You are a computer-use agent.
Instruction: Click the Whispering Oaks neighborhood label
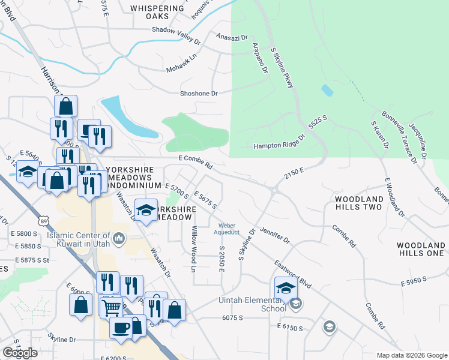157,12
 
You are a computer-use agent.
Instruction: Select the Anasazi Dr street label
231,37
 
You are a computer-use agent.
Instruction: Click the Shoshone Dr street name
199,94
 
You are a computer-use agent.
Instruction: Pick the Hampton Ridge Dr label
279,145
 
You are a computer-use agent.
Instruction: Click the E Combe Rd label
196,161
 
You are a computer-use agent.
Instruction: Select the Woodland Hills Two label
358,203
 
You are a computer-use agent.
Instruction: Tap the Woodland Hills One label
421,250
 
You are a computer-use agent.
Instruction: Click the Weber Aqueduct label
228,229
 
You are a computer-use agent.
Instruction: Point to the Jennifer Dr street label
275,235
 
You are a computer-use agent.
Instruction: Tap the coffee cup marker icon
121,328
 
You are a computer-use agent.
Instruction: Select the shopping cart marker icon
110,307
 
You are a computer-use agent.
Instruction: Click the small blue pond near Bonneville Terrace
327,91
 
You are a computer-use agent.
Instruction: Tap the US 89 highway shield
43,221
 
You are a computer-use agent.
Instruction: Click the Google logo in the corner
20,352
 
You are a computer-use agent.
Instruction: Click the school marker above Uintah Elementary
286,287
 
